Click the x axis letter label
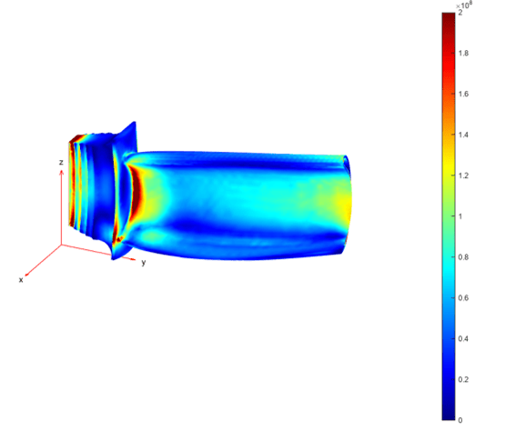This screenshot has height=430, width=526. pos(20,280)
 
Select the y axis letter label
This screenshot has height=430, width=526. pos(143,262)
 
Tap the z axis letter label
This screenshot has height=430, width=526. pos(60,162)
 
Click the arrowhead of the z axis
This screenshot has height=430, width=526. pos(61,172)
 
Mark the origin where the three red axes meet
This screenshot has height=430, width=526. pos(61,245)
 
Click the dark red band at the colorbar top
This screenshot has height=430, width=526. pos(449,18)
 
